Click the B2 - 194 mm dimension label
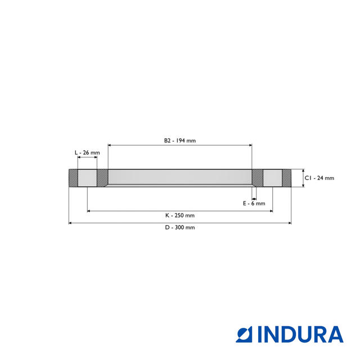coord(179,141)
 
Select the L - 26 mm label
coord(87,152)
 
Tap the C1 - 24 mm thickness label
coord(319,178)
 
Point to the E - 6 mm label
coord(254,203)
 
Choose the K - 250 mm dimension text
coord(179,215)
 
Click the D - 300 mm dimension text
coord(179,228)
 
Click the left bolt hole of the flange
coord(87,178)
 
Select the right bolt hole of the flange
coord(272,178)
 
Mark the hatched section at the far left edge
coord(73,178)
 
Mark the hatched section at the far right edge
coord(286,178)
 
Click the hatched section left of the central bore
coord(102,178)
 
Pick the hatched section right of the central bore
coord(257,178)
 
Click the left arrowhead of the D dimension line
coord(71,223)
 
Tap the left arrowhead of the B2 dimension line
coord(110,145)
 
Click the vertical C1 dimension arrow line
coord(303,178)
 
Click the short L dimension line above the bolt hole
coord(87,158)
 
